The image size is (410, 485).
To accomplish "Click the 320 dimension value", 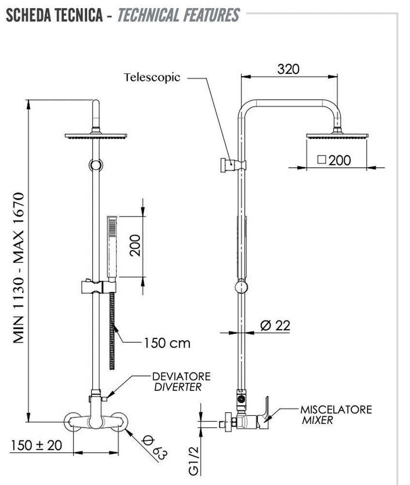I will [x=289, y=69].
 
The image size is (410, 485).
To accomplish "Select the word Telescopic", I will [x=152, y=77].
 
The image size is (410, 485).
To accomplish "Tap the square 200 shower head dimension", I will [x=334, y=160].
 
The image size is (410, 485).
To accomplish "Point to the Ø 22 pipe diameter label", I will [x=275, y=325].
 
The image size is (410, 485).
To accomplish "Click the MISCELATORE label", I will [x=336, y=409].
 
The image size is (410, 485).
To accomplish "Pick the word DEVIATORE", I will [x=181, y=376].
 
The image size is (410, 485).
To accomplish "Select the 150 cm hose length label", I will [x=167, y=343].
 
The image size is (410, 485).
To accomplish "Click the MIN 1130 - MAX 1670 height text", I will [x=18, y=268].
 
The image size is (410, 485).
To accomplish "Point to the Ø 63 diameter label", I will [x=154, y=448].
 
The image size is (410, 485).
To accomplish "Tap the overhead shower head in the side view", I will [x=337, y=135].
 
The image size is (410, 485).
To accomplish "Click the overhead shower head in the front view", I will [x=96, y=136].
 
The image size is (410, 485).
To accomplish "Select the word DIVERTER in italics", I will [x=177, y=387].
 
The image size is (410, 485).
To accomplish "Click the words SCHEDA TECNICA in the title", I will [x=54, y=15].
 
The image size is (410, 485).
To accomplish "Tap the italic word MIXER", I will [x=318, y=420].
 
